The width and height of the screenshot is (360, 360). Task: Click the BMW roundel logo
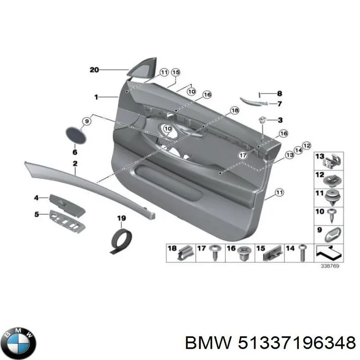[x=20, y=343]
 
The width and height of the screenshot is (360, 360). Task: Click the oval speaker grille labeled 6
[x=76, y=135]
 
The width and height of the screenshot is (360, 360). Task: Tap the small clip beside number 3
[x=262, y=120]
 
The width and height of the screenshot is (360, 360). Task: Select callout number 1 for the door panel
[x=96, y=97]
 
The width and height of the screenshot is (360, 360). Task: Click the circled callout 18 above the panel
[x=234, y=110]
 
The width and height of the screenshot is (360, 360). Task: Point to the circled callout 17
[x=243, y=155]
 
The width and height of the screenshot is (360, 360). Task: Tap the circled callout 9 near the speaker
[x=86, y=121]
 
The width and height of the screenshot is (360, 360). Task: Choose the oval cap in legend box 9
[x=333, y=234]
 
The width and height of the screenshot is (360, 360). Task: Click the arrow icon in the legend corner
[x=329, y=252]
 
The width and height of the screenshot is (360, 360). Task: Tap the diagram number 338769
[x=330, y=266]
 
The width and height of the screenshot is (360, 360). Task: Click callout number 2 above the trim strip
[x=75, y=163]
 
